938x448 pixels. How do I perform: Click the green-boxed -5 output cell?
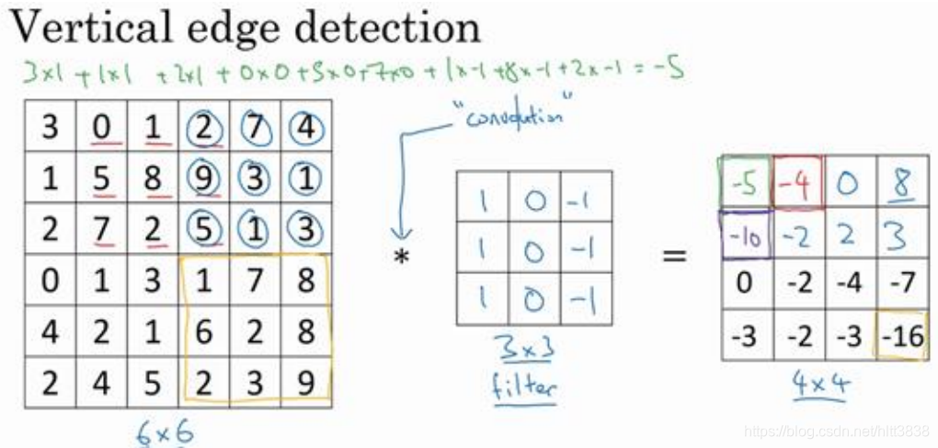tap(746, 182)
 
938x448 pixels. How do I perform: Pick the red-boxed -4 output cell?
tap(798, 182)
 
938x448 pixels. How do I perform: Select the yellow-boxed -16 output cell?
tap(901, 336)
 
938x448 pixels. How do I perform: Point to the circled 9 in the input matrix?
tap(205, 178)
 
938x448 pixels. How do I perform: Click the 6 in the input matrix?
tap(204, 331)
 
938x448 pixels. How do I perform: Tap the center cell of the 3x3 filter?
tap(533, 247)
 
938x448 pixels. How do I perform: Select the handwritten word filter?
tap(525, 386)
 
